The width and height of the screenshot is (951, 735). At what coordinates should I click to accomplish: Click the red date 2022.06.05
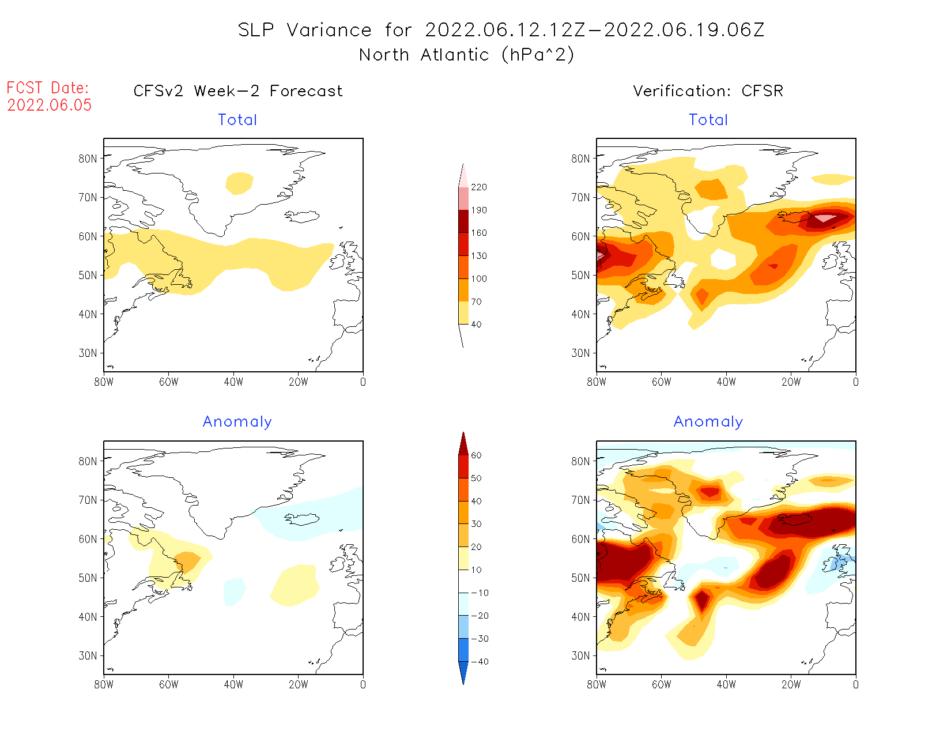pyautogui.click(x=50, y=105)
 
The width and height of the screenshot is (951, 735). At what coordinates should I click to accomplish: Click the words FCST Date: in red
pyautogui.click(x=48, y=88)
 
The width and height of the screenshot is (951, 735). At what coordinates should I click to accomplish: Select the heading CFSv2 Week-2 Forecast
pyautogui.click(x=238, y=91)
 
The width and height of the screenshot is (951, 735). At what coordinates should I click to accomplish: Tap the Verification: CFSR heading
pyautogui.click(x=708, y=91)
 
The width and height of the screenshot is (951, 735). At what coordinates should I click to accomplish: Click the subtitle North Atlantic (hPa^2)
pyautogui.click(x=467, y=55)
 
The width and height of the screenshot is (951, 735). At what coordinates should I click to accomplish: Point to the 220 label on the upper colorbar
pyautogui.click(x=479, y=187)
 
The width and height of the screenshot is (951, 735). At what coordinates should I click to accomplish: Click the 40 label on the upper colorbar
pyautogui.click(x=476, y=325)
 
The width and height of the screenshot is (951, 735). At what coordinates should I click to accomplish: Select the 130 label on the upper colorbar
pyautogui.click(x=479, y=256)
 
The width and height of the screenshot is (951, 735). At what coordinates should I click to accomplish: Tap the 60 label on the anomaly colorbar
pyautogui.click(x=476, y=455)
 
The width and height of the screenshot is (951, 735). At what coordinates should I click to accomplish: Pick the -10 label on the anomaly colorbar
pyautogui.click(x=479, y=593)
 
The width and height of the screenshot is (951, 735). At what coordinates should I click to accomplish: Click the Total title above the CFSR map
pyautogui.click(x=708, y=120)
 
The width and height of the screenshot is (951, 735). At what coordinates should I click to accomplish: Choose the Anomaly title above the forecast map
pyautogui.click(x=237, y=422)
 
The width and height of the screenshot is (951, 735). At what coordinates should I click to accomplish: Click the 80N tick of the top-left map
pyautogui.click(x=88, y=159)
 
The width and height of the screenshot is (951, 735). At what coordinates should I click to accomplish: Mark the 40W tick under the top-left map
pyautogui.click(x=233, y=382)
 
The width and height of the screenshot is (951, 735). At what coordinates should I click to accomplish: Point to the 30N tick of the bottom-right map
pyautogui.click(x=581, y=656)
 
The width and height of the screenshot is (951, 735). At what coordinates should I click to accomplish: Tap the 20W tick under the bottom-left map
pyautogui.click(x=298, y=685)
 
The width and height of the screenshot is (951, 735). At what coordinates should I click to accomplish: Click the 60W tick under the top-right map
pyautogui.click(x=661, y=382)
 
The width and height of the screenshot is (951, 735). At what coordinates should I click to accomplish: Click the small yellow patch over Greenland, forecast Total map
pyautogui.click(x=239, y=183)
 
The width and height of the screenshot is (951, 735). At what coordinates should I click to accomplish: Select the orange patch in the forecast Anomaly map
pyautogui.click(x=188, y=561)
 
